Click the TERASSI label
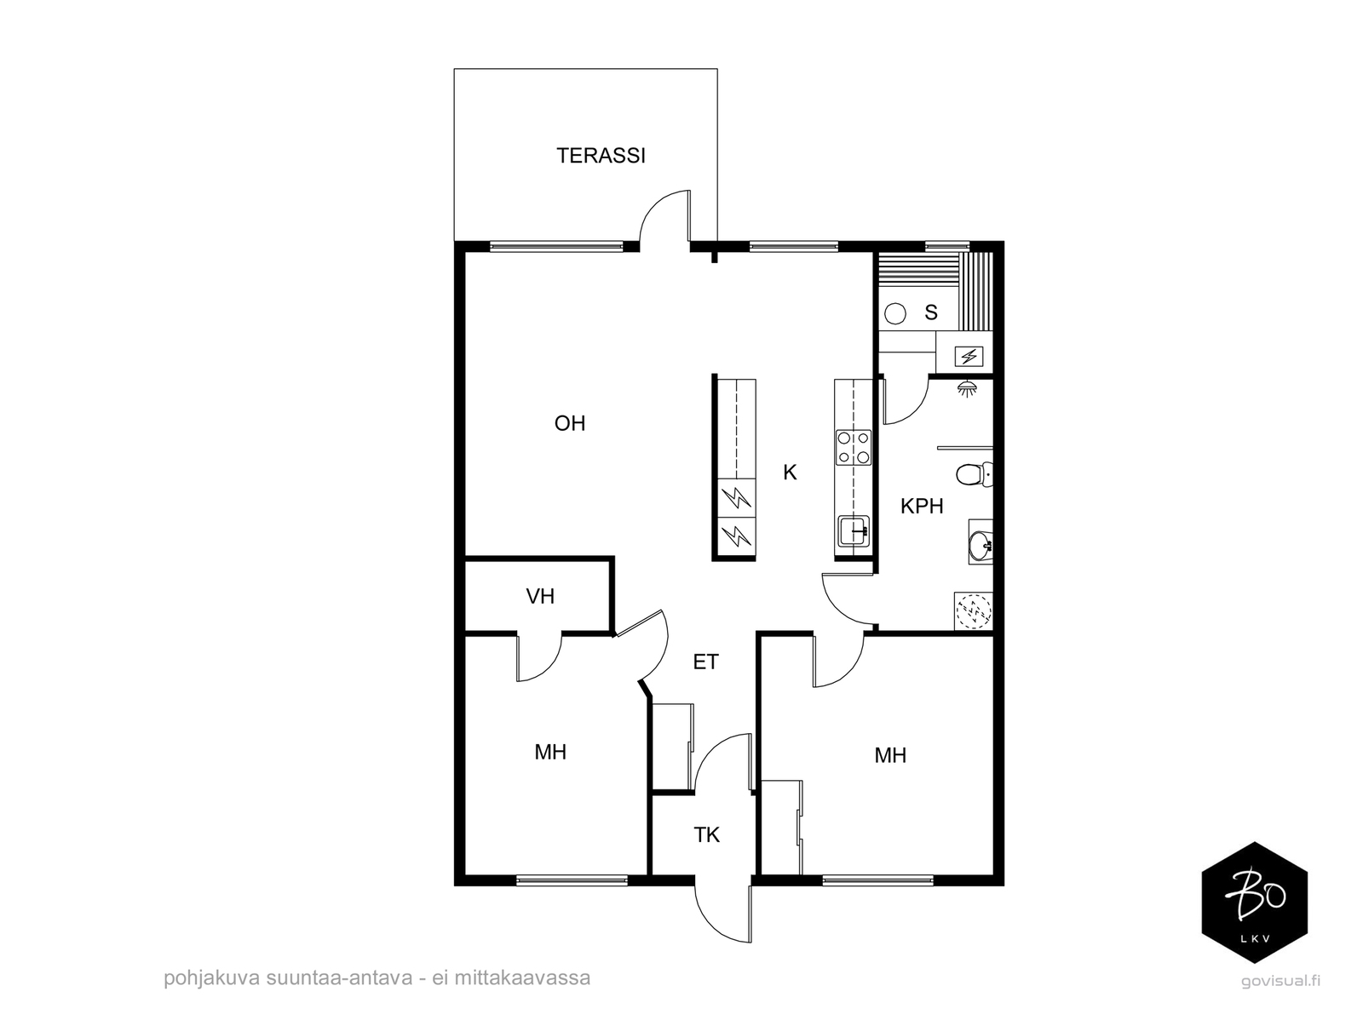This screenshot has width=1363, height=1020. [x=600, y=156]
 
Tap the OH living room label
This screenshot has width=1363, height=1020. [x=569, y=423]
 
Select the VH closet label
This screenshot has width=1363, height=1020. [x=539, y=596]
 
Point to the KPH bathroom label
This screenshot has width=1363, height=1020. [x=922, y=507]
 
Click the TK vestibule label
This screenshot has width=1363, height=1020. [x=706, y=835]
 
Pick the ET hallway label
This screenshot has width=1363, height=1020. [x=705, y=662]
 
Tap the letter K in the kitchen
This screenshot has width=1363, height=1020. [x=789, y=473]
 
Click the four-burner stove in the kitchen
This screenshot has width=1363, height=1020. [x=854, y=447]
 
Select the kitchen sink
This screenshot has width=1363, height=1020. [x=854, y=531]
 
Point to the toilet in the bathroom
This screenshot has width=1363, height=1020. [x=974, y=475]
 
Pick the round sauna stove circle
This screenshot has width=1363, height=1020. [x=894, y=313]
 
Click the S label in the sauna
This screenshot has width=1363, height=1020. [x=930, y=312]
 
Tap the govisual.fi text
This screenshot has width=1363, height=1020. [x=1280, y=981]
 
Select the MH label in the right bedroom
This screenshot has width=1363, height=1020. [x=890, y=755]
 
